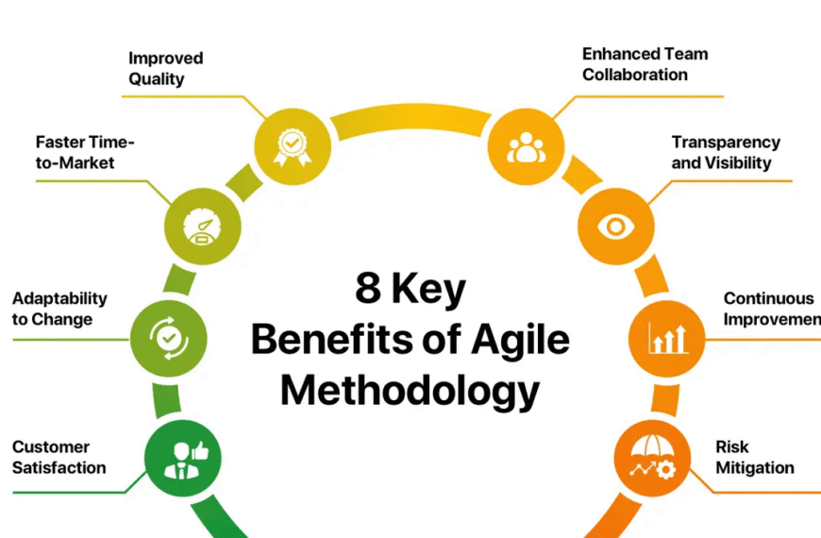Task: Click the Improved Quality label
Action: tap(165, 69)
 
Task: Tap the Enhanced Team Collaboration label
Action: tap(645, 64)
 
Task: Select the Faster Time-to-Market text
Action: tap(85, 153)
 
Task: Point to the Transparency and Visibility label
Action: tap(726, 153)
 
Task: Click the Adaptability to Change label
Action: tap(59, 309)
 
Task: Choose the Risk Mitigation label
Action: tap(755, 458)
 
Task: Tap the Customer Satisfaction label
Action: tap(59, 458)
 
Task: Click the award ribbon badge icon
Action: tap(293, 147)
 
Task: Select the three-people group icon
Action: tap(526, 147)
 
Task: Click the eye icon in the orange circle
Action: tap(615, 227)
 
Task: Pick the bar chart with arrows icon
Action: tap(667, 339)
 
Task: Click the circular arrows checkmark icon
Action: tap(169, 339)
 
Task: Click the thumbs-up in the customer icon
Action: tap(201, 450)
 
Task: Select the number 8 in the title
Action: tap(368, 288)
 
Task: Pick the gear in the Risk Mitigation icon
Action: tap(665, 469)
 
